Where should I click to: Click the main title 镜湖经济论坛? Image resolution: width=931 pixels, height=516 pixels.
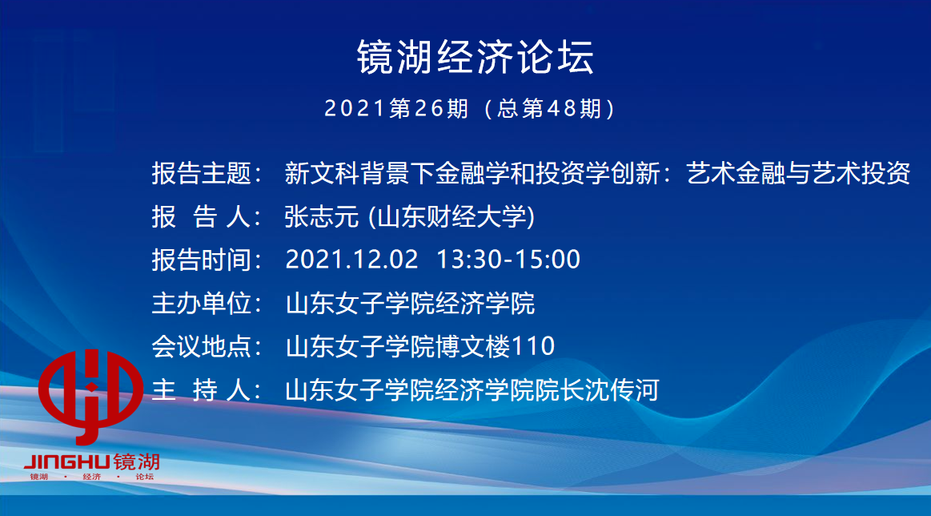point(475,58)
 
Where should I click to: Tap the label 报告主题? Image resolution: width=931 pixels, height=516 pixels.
point(201,173)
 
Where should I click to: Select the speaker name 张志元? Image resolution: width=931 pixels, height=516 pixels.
point(321,216)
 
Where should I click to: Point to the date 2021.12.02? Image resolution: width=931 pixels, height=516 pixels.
point(351,260)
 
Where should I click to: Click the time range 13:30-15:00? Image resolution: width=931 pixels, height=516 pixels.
point(508,260)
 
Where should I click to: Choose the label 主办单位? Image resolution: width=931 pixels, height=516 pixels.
point(201,303)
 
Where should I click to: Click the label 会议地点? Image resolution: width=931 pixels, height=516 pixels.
point(201,347)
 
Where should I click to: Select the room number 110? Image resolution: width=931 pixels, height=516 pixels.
point(532,347)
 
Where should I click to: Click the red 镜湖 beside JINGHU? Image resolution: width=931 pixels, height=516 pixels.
point(136,462)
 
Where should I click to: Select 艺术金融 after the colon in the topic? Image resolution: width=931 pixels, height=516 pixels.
point(736,173)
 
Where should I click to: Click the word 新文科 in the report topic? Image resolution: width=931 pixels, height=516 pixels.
point(322,173)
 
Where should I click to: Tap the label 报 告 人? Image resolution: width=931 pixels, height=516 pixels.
point(201,217)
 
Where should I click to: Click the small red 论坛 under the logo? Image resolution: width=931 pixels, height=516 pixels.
point(144,477)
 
